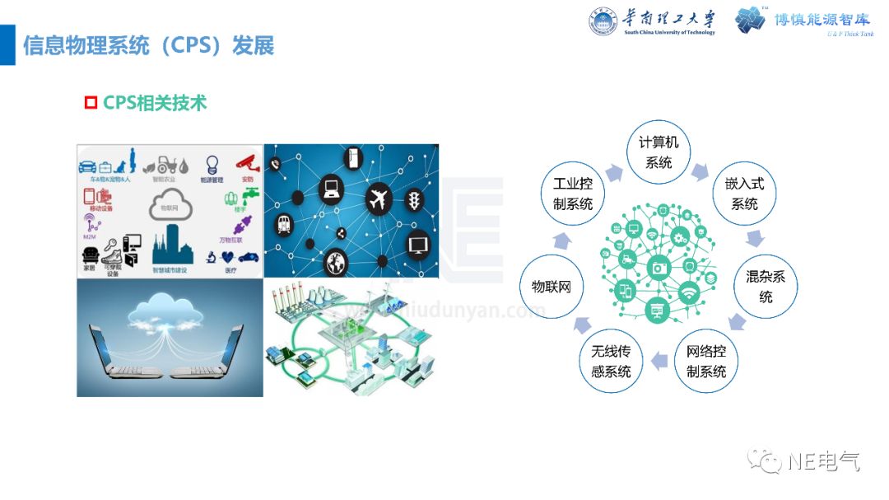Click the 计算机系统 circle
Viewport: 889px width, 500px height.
tap(659, 152)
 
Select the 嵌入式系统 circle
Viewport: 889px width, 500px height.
tap(744, 194)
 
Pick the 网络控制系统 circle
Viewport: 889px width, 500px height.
tap(706, 362)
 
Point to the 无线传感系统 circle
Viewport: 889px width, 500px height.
tap(611, 362)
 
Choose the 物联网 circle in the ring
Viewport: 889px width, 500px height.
tap(552, 287)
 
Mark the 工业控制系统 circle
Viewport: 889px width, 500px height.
tap(573, 194)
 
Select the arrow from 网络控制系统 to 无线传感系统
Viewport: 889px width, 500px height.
tap(659, 360)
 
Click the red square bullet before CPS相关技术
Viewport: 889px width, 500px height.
tap(91, 103)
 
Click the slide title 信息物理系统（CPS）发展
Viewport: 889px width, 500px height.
tap(148, 45)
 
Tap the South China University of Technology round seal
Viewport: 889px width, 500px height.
tap(603, 21)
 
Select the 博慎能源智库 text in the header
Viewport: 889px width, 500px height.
tap(823, 21)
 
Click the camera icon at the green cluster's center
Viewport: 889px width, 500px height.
tap(658, 267)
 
